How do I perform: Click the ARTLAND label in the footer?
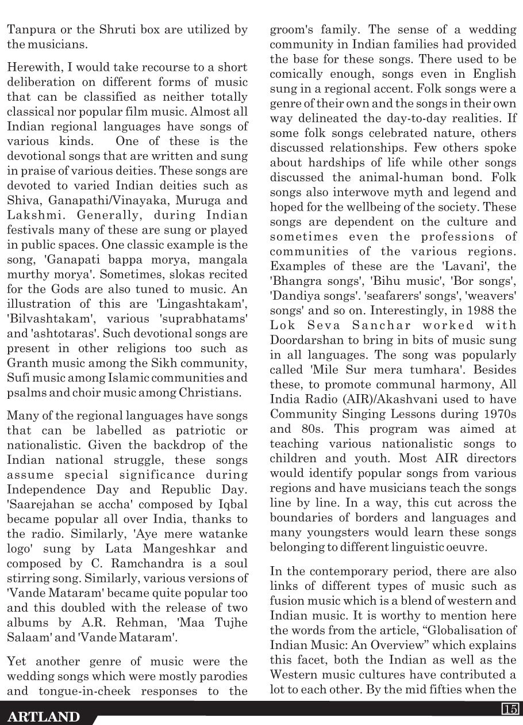pos(44,716)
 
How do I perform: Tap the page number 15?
pos(510,708)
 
